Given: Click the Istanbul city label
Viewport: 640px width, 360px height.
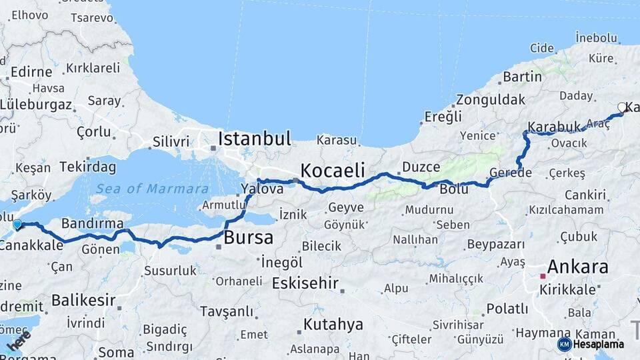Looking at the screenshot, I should (x=255, y=139).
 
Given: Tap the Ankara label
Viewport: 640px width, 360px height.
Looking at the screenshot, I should (x=577, y=267).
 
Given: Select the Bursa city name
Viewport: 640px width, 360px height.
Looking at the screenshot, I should (x=249, y=237).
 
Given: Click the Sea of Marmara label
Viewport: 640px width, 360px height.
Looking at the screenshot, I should (x=152, y=189).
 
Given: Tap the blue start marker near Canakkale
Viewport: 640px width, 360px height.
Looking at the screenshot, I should (x=17, y=225).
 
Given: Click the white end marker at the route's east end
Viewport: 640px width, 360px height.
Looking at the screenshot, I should (x=622, y=107).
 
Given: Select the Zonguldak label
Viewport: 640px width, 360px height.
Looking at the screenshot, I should (x=481, y=101).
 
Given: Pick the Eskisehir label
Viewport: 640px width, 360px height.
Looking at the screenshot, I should (x=306, y=283).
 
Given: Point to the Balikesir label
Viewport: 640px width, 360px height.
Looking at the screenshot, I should (x=83, y=300).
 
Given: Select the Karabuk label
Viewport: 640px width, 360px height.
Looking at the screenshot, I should (x=555, y=127).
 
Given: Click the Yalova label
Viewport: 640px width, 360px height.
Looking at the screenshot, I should (x=262, y=189).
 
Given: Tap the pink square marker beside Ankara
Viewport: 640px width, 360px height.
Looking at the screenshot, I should (x=543, y=275).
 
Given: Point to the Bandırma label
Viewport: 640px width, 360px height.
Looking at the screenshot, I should (x=93, y=223).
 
